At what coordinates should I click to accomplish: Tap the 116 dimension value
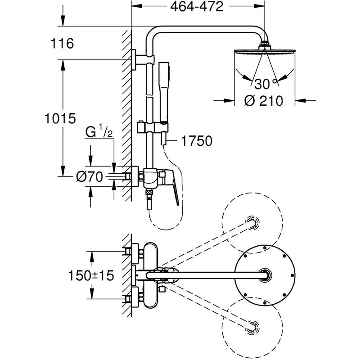[x=63, y=44]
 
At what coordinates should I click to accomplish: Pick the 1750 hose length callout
[x=197, y=141]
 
